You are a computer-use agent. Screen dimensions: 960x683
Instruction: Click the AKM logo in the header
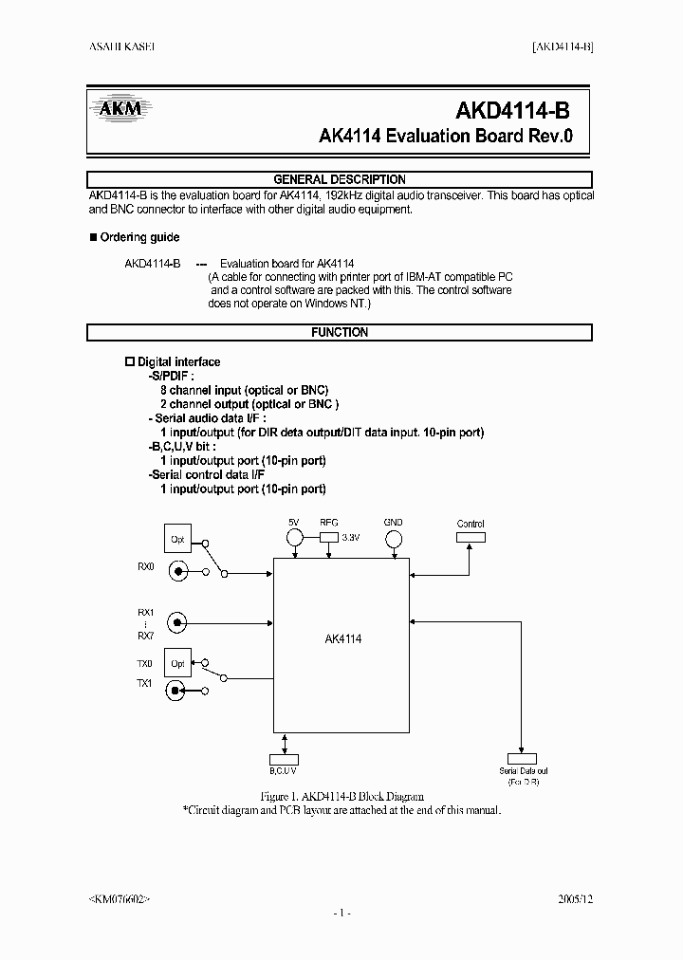(120, 108)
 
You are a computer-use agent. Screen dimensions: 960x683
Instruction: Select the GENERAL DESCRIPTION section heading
(340, 179)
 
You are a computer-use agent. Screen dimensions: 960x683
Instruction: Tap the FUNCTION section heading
(340, 333)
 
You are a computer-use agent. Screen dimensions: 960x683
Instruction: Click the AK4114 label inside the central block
(342, 639)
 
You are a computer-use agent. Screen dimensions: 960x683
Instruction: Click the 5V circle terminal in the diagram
(294, 537)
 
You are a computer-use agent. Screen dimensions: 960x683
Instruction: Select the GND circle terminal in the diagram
(393, 538)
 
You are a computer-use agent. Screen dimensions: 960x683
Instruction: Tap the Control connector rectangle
(471, 536)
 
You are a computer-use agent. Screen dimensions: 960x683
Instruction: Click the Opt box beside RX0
(177, 539)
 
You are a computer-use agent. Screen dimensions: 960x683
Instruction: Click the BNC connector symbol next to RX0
(177, 571)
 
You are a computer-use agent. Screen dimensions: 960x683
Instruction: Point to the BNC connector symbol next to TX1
(177, 691)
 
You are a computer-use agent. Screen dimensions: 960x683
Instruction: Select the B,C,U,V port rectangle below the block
(284, 758)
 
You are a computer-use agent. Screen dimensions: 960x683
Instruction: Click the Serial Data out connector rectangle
(522, 758)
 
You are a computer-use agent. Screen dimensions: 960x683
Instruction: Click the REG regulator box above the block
(329, 536)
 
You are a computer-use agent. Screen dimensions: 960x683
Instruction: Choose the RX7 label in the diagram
(144, 636)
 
